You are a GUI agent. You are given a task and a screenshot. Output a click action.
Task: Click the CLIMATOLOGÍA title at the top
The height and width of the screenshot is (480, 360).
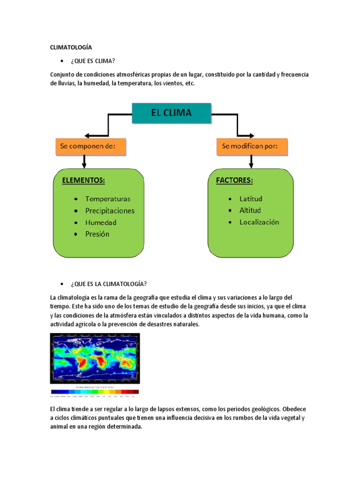tap(71, 47)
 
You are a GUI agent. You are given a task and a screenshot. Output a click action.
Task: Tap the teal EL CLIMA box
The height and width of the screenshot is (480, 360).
tap(171, 113)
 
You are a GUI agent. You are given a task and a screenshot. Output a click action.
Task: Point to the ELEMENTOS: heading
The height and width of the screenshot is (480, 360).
tap(83, 180)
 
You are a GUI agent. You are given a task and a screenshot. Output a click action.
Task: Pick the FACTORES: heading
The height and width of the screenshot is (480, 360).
tap(235, 180)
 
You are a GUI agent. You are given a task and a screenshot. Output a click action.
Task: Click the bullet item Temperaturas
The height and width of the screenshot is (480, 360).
tap(108, 199)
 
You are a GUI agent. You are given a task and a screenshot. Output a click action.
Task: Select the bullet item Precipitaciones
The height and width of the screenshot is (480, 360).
tap(110, 210)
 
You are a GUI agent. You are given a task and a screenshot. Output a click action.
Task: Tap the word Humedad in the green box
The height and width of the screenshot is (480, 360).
tap(101, 222)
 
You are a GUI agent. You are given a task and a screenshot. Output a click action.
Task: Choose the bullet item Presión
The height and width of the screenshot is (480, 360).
tap(97, 234)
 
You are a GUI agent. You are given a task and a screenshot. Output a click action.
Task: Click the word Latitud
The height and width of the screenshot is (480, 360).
tap(251, 199)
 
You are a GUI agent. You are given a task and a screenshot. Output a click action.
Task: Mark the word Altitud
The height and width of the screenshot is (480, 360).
tap(250, 210)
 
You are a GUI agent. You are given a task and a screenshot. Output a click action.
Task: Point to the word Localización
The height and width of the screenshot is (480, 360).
tap(259, 222)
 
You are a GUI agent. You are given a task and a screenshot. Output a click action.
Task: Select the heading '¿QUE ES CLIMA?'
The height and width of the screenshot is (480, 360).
tap(93, 61)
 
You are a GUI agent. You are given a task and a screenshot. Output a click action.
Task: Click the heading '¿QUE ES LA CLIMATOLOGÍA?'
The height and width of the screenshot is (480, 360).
tap(109, 284)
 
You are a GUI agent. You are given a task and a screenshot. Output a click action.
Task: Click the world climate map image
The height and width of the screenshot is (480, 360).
tap(95, 358)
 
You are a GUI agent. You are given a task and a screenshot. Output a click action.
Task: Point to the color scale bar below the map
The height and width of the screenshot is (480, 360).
tap(95, 392)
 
